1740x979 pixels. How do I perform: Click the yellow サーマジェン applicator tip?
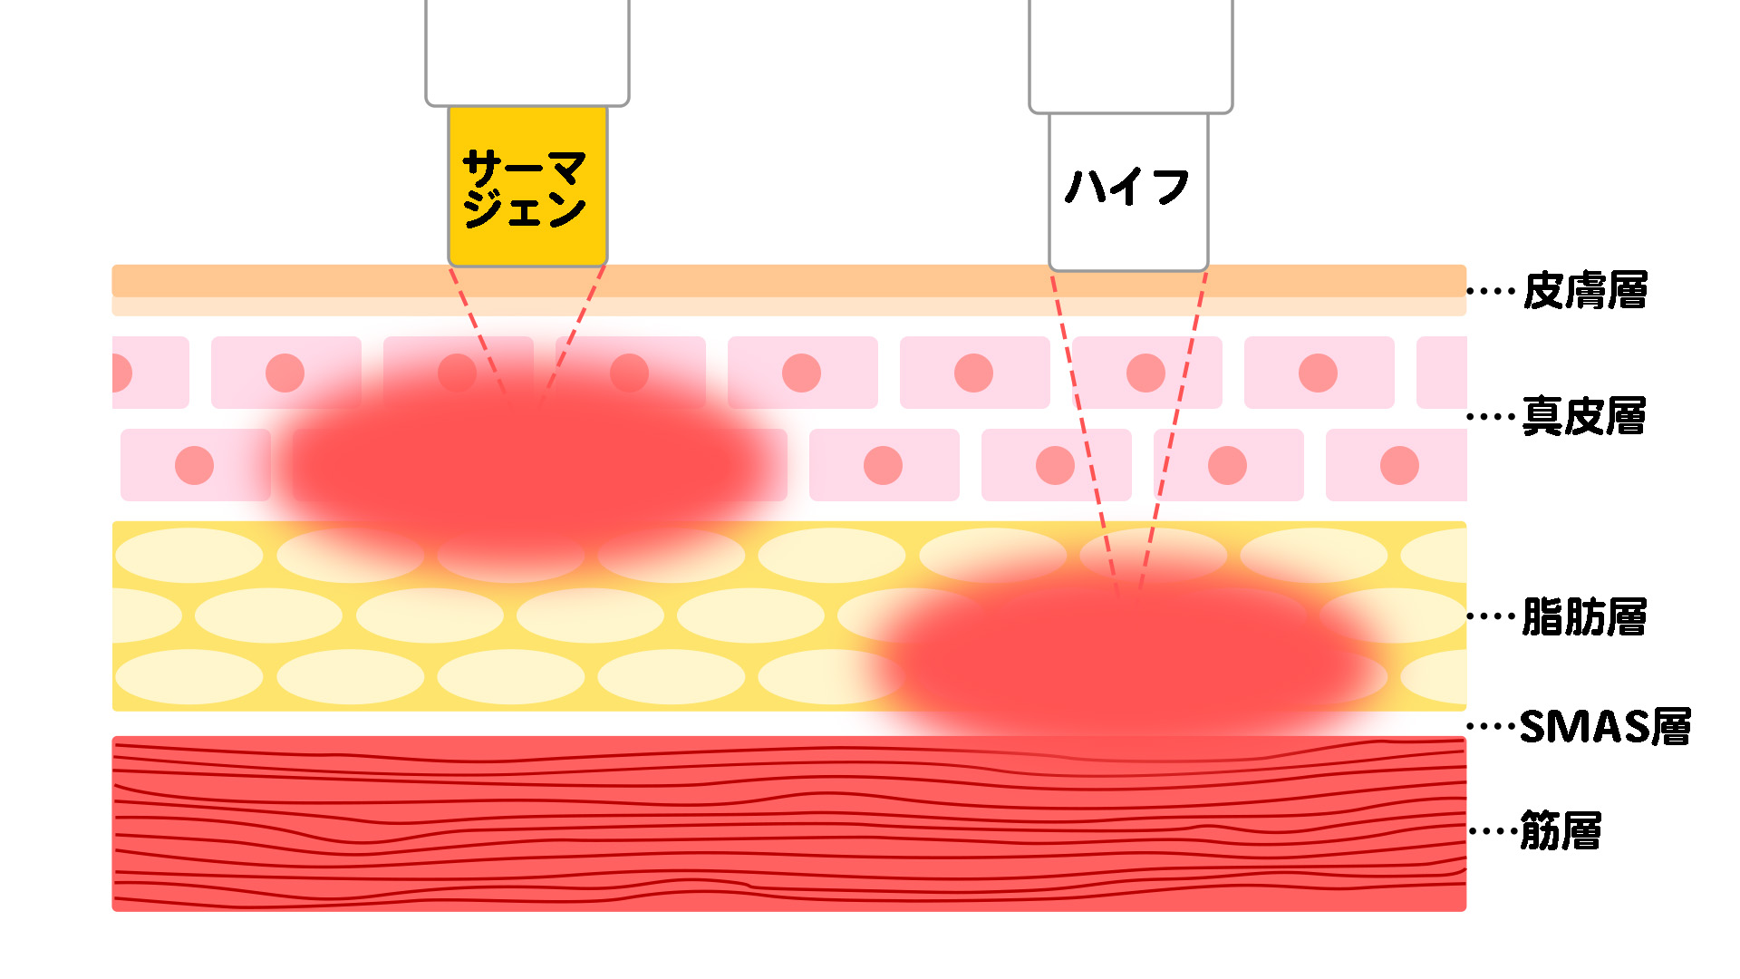pyautogui.click(x=527, y=187)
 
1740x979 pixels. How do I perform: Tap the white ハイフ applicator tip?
pyautogui.click(x=1128, y=190)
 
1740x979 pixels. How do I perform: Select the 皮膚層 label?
pyautogui.click(x=1585, y=291)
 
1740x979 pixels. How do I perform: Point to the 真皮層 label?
pyautogui.click(x=1584, y=416)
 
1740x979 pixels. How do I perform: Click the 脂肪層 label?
pyautogui.click(x=1584, y=616)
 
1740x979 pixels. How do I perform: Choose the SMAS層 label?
pyautogui.click(x=1605, y=726)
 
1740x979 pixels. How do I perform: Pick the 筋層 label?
pyautogui.click(x=1561, y=830)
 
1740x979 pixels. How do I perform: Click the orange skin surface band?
pyautogui.click(x=788, y=281)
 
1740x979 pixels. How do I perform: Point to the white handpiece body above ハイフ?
pyautogui.click(x=1131, y=54)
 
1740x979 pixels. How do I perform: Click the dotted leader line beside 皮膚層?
pyautogui.click(x=1491, y=291)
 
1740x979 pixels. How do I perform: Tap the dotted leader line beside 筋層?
pyautogui.click(x=1491, y=830)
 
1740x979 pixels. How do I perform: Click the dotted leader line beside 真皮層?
pyautogui.click(x=1491, y=417)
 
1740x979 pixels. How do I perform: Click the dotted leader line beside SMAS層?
pyautogui.click(x=1491, y=726)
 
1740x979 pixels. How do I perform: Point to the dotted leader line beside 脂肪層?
pyautogui.click(x=1491, y=616)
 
